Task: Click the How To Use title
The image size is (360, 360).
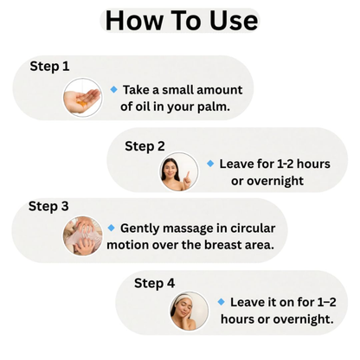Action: click(x=180, y=21)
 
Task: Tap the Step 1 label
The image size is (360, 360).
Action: click(x=49, y=66)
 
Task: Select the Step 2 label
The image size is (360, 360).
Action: click(x=145, y=145)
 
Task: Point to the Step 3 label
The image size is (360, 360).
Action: click(x=48, y=206)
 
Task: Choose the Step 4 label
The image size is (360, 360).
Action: click(x=154, y=282)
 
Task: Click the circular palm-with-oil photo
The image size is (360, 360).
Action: click(x=82, y=97)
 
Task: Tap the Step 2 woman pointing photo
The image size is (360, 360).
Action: click(x=178, y=172)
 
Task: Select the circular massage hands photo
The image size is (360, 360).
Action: click(x=82, y=235)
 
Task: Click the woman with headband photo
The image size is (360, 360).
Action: click(x=189, y=311)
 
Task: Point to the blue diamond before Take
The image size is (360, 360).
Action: click(x=113, y=89)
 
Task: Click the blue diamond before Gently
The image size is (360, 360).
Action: click(x=111, y=228)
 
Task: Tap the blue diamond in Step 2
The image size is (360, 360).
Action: click(x=210, y=163)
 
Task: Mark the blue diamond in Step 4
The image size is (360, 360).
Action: click(x=221, y=301)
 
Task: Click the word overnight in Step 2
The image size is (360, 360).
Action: click(x=275, y=181)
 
